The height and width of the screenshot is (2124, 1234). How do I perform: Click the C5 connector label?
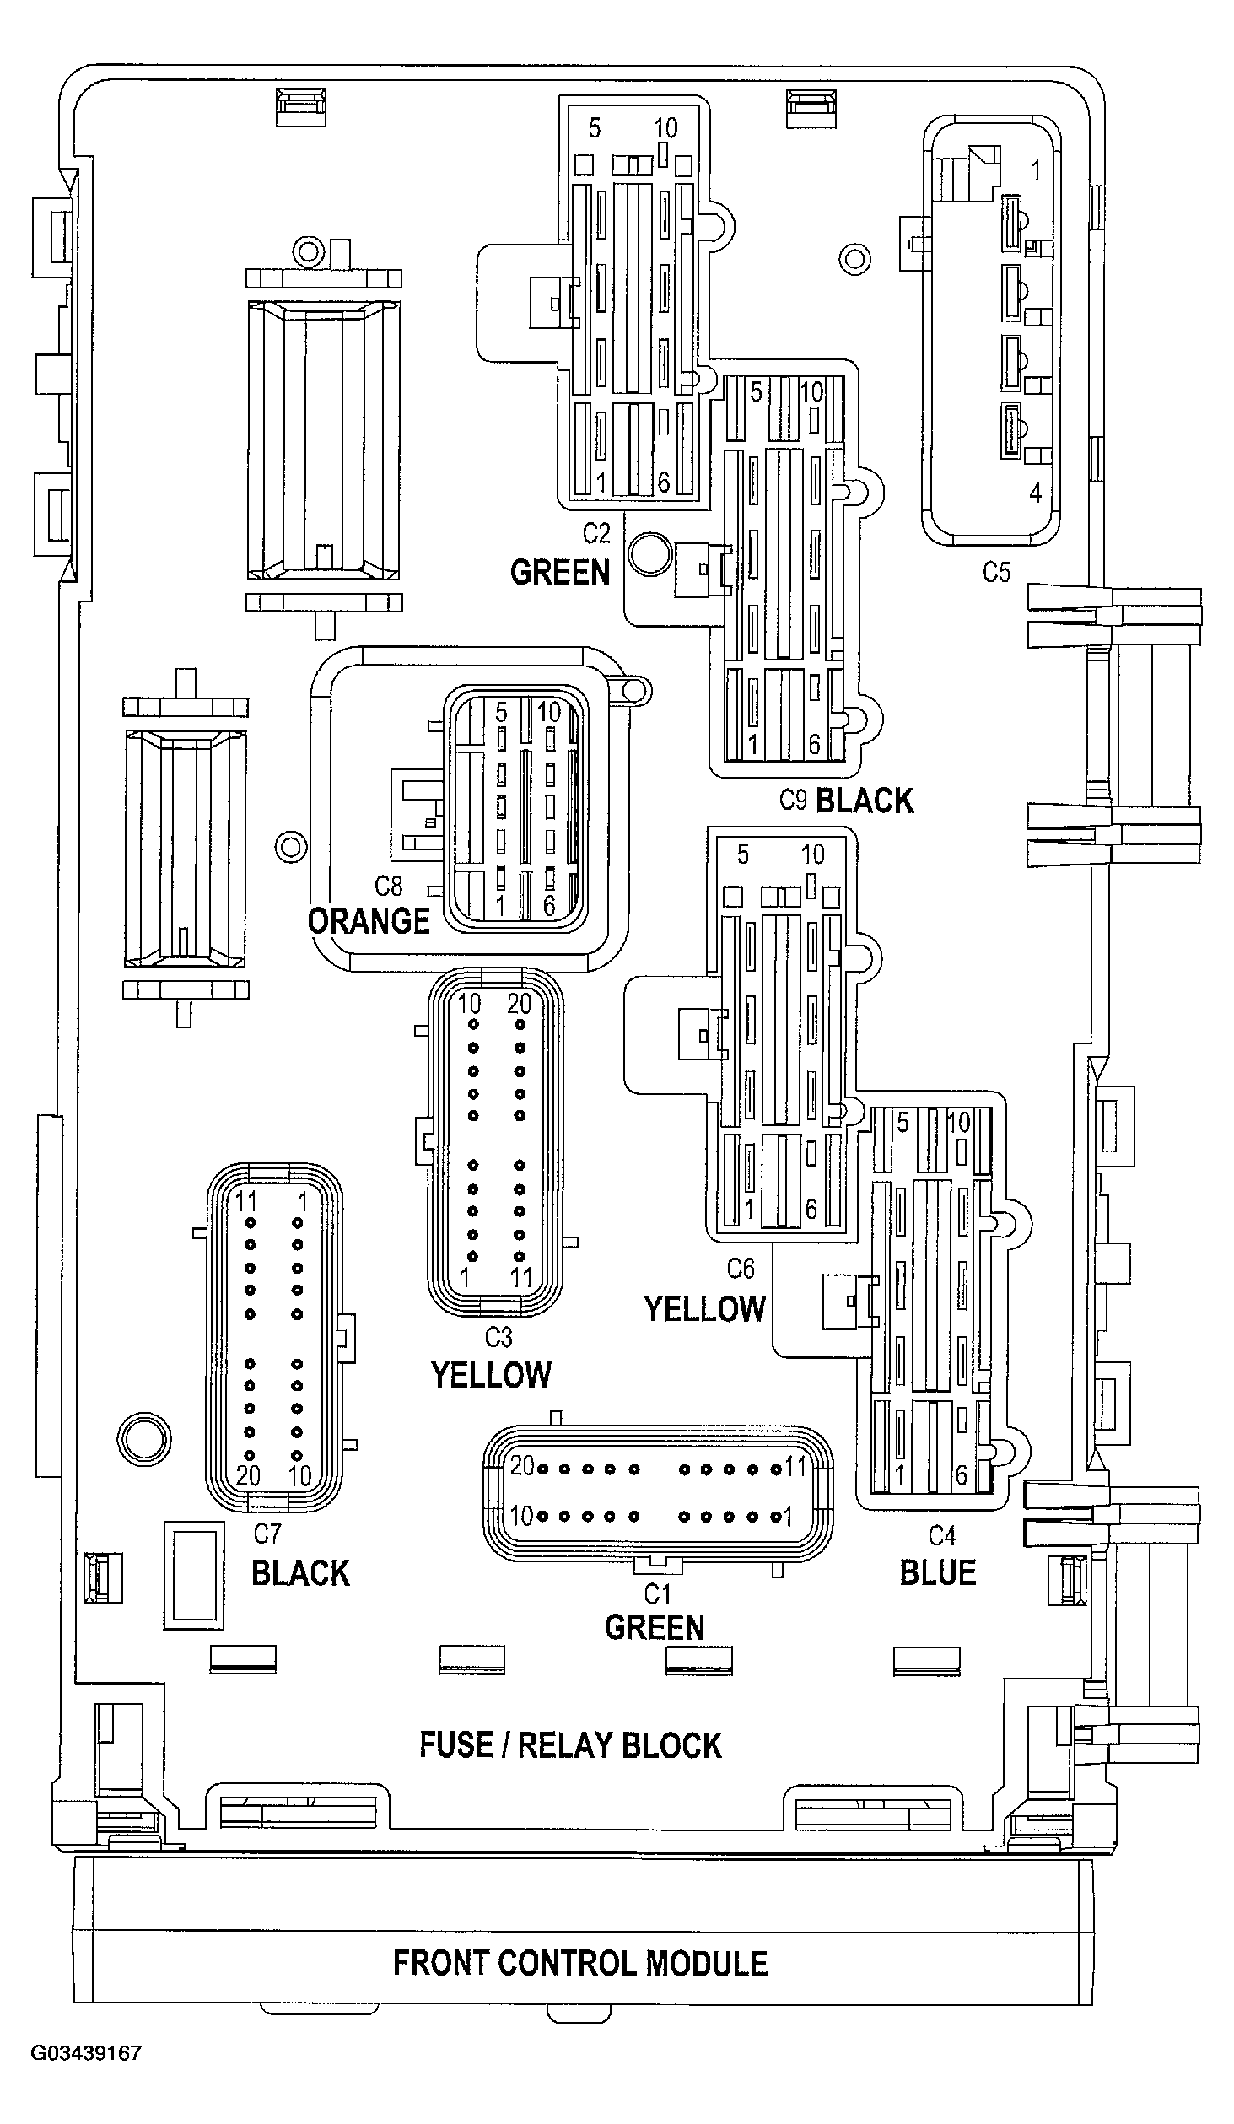pos(996,573)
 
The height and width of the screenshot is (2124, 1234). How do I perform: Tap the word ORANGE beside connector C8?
pos(369,921)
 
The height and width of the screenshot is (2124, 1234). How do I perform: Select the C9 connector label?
pos(793,800)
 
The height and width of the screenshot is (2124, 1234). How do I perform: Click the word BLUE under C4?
pos(938,1572)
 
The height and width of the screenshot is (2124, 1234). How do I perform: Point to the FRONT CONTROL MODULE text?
pos(580,1963)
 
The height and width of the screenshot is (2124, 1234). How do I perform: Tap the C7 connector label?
pos(267,1533)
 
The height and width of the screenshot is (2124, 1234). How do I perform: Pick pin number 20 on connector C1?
pos(522,1466)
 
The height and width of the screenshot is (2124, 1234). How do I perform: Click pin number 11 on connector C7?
pos(245,1200)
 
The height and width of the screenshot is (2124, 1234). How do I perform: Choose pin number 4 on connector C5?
pos(1035,493)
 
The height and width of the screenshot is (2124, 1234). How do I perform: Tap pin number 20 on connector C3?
pos(520,1003)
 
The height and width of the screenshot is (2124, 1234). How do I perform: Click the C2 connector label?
pos(596,533)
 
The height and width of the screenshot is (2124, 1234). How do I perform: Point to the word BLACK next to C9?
pos(865,801)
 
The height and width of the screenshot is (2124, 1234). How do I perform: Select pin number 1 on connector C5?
pos(1036,170)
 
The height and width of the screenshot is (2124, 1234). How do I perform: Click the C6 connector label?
pos(741,1268)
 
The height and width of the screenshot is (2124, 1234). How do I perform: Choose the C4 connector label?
pos(942,1534)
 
